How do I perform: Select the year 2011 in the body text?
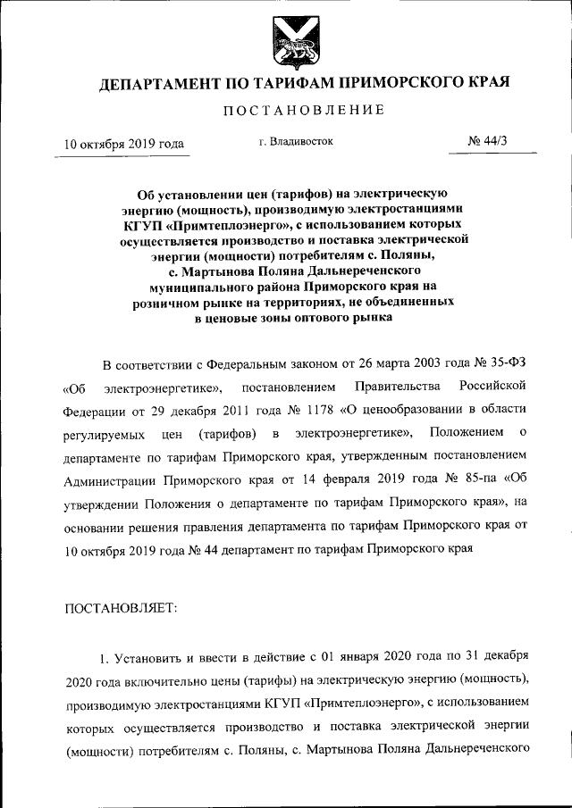(x=221, y=411)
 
